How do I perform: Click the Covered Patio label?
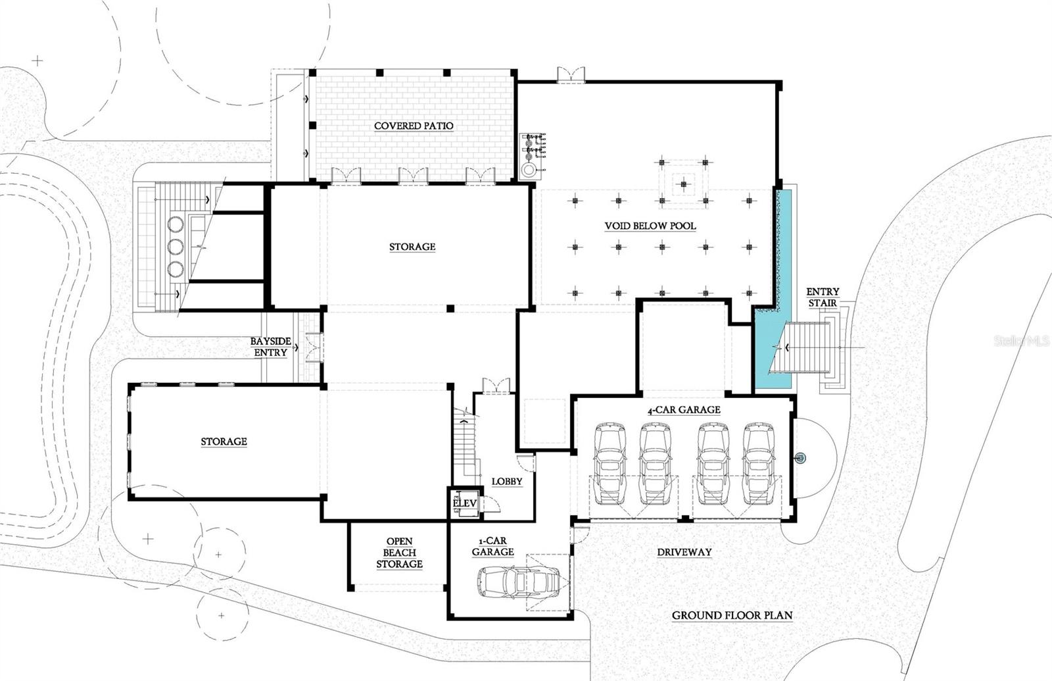414,126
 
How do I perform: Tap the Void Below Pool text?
650,226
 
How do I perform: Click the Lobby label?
507,482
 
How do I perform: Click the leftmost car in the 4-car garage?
610,463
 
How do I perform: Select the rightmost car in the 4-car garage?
761,463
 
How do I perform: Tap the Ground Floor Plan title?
732,616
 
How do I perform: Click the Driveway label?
684,552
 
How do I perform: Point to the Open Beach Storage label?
399,553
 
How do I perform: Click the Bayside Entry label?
269,347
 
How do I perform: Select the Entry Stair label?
823,297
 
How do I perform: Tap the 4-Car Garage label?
684,410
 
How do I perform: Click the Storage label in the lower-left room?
224,441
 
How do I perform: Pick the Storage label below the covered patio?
412,247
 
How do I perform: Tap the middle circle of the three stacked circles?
175,246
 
